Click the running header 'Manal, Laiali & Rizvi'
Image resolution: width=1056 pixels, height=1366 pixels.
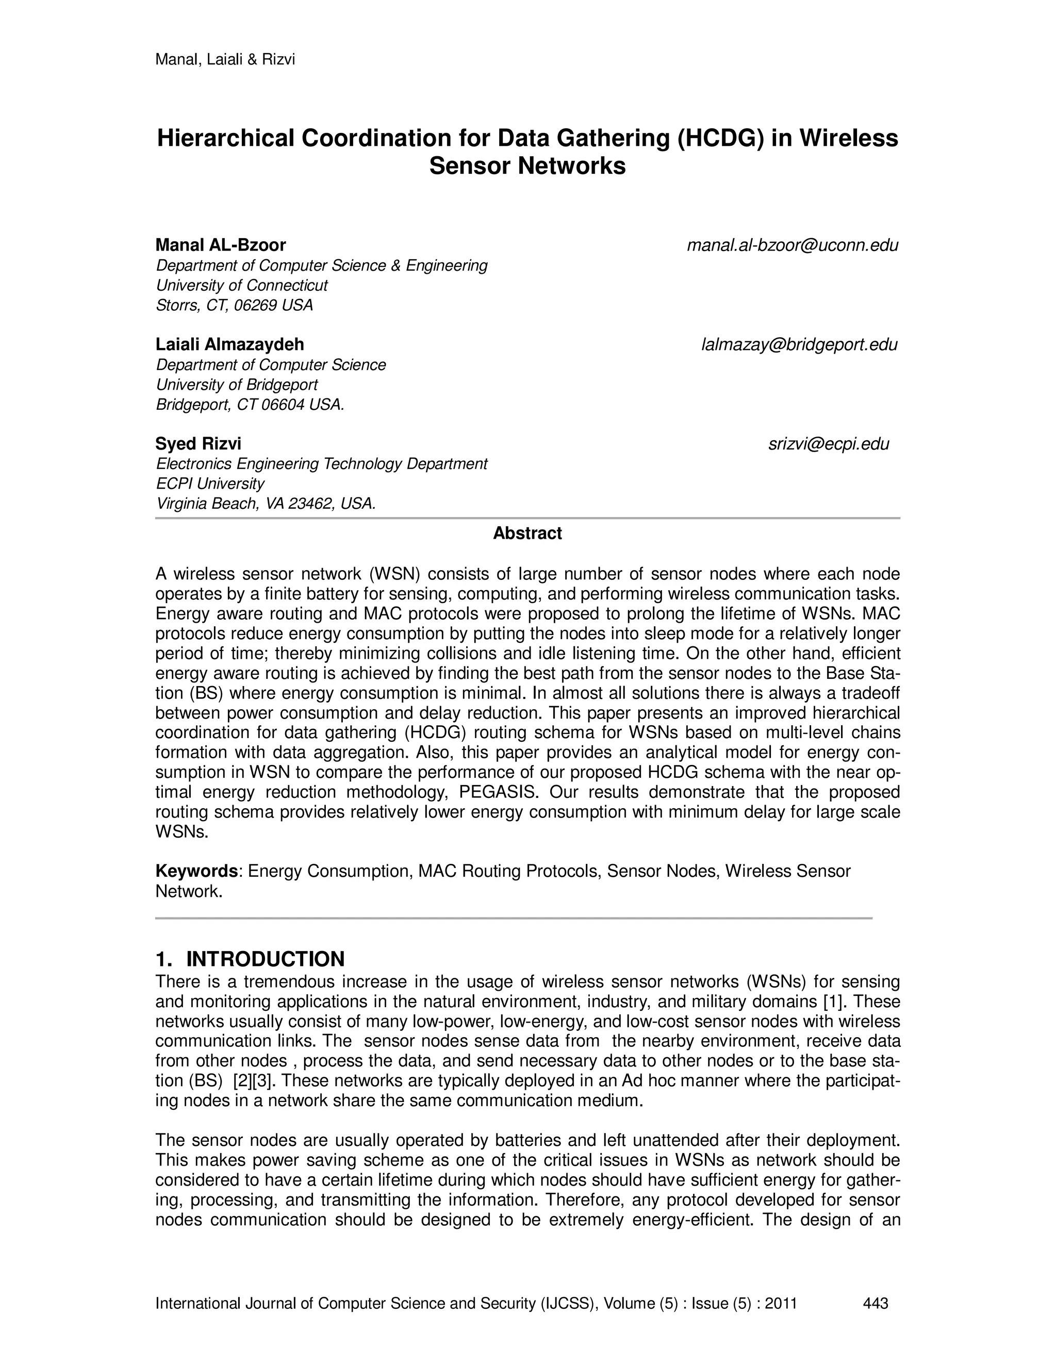tap(225, 60)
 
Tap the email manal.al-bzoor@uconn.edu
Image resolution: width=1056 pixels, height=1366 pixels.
tap(792, 245)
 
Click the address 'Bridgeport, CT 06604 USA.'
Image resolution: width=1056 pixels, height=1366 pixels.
tap(250, 405)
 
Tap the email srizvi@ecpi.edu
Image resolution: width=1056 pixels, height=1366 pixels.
tap(828, 444)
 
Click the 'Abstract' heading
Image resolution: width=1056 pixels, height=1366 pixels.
tap(527, 534)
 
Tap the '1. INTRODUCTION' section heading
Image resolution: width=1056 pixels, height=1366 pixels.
tap(250, 959)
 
